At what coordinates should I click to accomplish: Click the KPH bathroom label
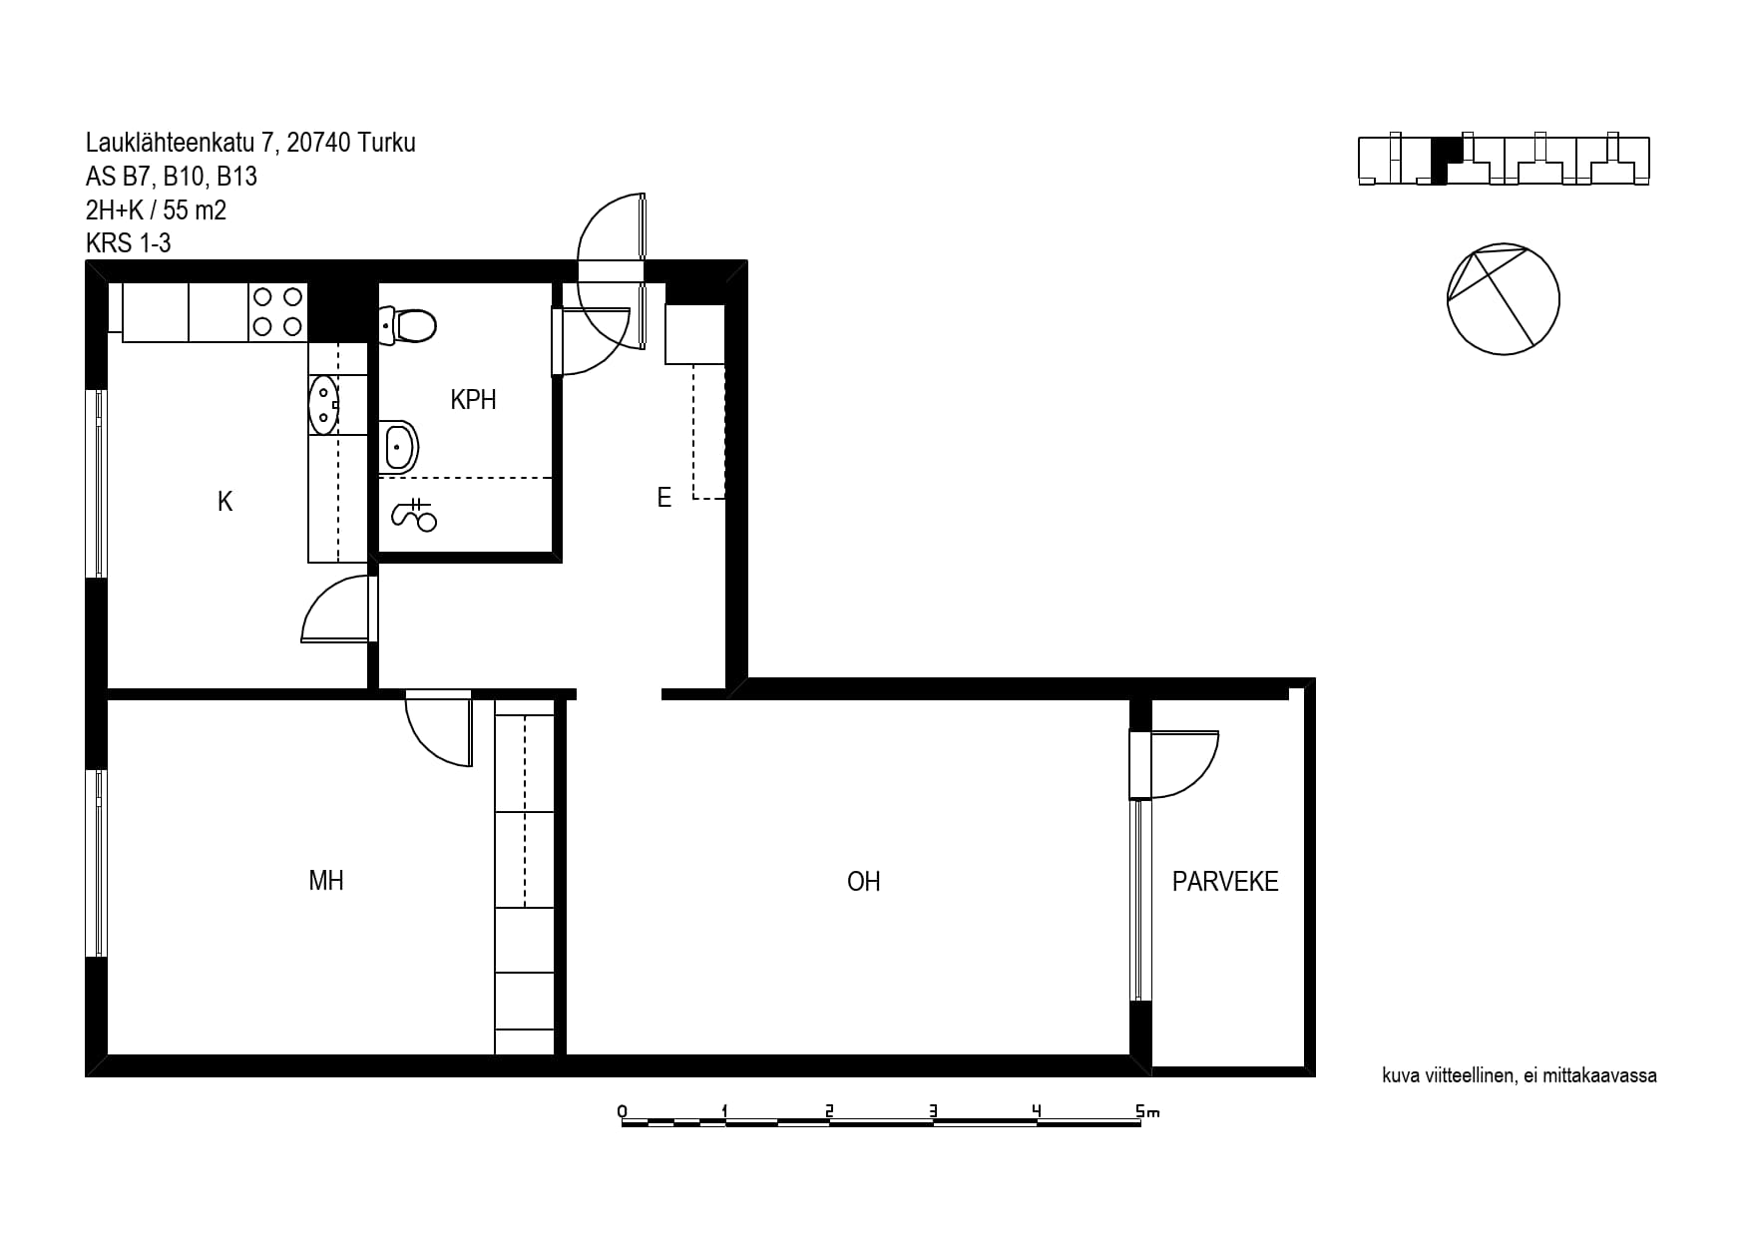pyautogui.click(x=473, y=400)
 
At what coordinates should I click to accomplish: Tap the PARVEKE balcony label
pyautogui.click(x=1225, y=882)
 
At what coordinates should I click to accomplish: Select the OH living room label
pyautogui.click(x=864, y=882)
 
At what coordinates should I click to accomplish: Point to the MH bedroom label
pyautogui.click(x=326, y=881)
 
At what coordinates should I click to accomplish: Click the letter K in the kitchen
pyautogui.click(x=225, y=501)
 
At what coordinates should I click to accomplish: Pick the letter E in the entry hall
pyautogui.click(x=664, y=497)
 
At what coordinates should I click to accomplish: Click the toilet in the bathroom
pyautogui.click(x=408, y=325)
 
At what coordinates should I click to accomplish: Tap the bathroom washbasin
pyautogui.click(x=398, y=446)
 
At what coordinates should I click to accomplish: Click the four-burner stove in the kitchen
pyautogui.click(x=277, y=311)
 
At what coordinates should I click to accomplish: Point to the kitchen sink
pyautogui.click(x=323, y=405)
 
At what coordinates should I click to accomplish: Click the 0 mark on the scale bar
pyautogui.click(x=623, y=1111)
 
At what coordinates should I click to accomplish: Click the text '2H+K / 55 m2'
pyautogui.click(x=156, y=210)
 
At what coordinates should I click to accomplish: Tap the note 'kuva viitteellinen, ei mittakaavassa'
pyautogui.click(x=1520, y=1075)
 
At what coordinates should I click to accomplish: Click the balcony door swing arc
pyautogui.click(x=1202, y=778)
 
